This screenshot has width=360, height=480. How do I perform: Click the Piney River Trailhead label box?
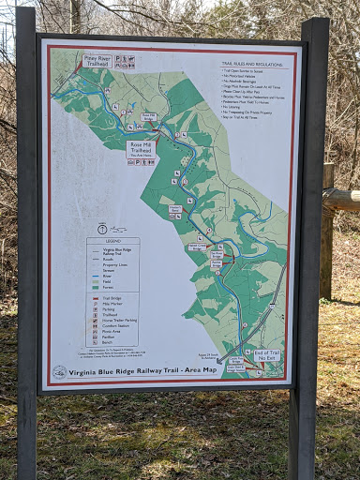[x=97, y=60]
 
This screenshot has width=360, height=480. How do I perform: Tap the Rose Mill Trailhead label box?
[x=142, y=149]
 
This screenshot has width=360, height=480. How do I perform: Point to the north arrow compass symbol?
[x=102, y=228]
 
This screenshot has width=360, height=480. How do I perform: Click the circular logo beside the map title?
[x=60, y=370]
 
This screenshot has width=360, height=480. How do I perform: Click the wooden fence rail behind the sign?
[x=340, y=198]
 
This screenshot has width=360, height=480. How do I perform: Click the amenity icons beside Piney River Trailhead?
[x=125, y=62]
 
